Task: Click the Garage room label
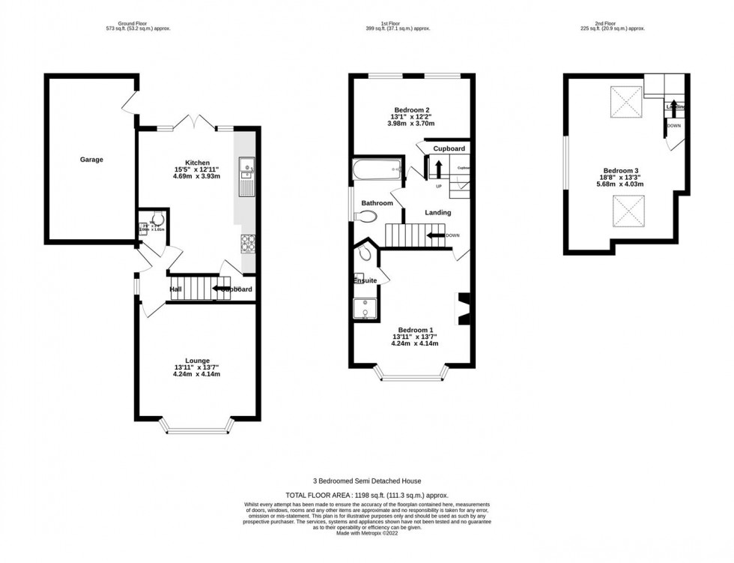pos(91,160)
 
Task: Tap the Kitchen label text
pos(198,163)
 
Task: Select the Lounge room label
pos(198,361)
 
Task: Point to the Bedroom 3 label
pos(618,170)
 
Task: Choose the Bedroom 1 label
pos(415,331)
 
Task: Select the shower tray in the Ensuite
pos(365,309)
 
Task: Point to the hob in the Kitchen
pos(248,243)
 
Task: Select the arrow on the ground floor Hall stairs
pos(222,288)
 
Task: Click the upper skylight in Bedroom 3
pos(626,101)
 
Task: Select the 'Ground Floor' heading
pos(138,23)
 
